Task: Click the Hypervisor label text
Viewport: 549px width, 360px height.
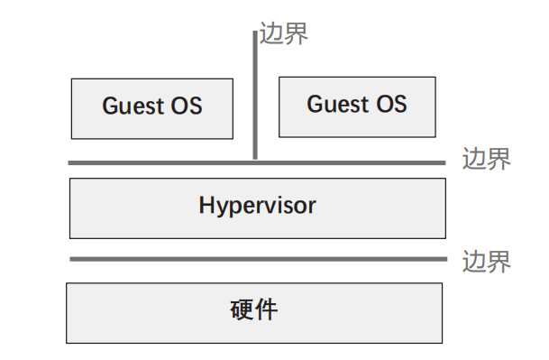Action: [257, 206]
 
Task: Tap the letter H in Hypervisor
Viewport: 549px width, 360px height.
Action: [206, 205]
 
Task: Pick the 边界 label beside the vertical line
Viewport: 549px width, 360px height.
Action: [284, 34]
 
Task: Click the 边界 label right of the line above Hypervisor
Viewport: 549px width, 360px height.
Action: [486, 160]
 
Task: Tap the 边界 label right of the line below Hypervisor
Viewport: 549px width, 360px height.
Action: [486, 262]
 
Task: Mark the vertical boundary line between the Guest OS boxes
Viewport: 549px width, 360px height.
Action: [255, 99]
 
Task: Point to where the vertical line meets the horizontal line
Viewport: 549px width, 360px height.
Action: [255, 162]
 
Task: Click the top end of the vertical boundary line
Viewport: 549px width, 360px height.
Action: [255, 33]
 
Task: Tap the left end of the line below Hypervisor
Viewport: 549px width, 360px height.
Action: [72, 259]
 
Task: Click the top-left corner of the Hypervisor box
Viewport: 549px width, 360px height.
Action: [70, 179]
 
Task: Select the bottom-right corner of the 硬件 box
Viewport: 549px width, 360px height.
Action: [443, 343]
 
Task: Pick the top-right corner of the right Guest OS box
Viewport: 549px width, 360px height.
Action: [436, 77]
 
